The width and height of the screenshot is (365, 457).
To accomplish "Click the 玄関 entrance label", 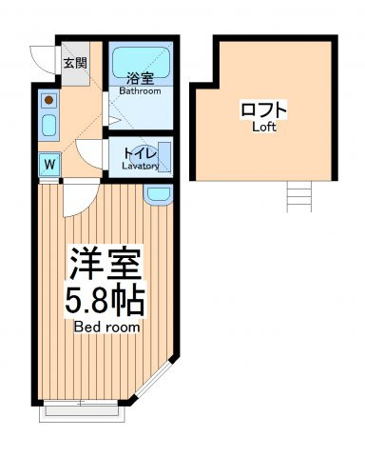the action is (x=75, y=63).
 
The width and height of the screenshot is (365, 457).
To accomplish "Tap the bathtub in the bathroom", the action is (x=141, y=63).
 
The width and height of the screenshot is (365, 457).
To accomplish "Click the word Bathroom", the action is (x=140, y=91).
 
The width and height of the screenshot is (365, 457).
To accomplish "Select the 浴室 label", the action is (x=141, y=79).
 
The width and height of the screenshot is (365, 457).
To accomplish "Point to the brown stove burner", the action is (x=48, y=100).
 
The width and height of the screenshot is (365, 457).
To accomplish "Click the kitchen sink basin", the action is (x=49, y=126).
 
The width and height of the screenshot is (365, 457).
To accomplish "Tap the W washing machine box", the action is (x=49, y=165).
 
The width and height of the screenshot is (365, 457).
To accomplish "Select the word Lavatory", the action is (x=141, y=166).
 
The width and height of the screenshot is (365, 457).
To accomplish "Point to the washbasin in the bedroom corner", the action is (x=159, y=194).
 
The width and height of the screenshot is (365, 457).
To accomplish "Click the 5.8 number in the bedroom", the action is (x=85, y=299).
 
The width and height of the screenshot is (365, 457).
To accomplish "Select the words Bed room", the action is (x=106, y=327).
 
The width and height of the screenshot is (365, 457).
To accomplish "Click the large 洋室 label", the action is (x=106, y=264).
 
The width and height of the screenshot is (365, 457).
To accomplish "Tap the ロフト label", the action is (x=263, y=109).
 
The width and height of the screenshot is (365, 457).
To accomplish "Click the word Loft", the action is (x=264, y=127).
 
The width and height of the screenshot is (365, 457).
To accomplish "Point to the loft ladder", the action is (x=299, y=196).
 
